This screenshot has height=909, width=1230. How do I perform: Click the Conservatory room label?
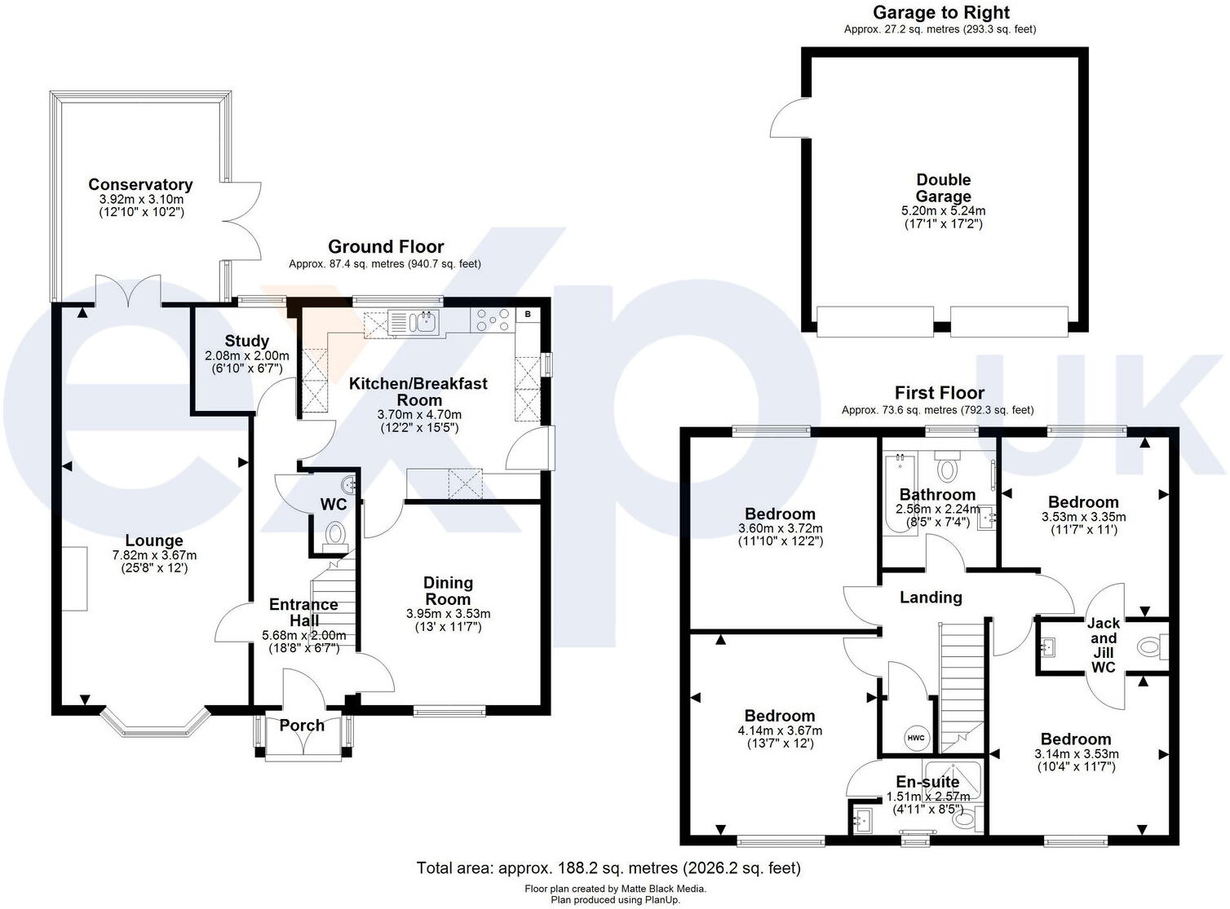click(x=140, y=185)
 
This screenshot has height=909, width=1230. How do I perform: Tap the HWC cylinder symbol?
click(x=916, y=738)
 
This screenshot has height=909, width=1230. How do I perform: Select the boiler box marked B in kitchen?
click(x=528, y=314)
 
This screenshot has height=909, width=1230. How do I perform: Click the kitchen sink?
click(x=415, y=322)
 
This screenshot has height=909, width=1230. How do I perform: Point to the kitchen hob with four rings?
click(x=493, y=320)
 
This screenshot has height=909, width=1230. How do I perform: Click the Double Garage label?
click(x=943, y=188)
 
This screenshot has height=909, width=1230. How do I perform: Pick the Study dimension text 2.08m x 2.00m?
click(x=246, y=356)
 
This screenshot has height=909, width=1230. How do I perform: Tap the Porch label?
click(x=302, y=726)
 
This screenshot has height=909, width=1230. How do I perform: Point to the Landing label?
click(x=931, y=598)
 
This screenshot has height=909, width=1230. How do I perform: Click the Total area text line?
click(x=608, y=867)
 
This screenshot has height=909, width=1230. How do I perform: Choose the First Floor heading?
click(x=939, y=393)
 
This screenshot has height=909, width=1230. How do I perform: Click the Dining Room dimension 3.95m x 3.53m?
click(x=448, y=614)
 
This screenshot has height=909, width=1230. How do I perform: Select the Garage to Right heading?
click(x=940, y=12)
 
